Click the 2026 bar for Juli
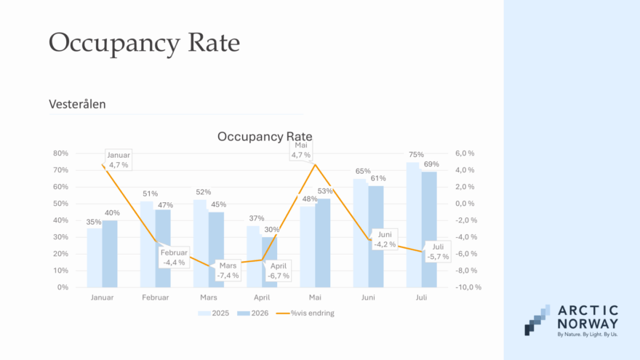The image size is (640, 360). point(429,229)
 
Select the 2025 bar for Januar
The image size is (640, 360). point(95,258)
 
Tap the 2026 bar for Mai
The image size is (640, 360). point(322,243)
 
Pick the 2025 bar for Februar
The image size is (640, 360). point(148,244)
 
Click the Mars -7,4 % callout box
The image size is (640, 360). point(228,271)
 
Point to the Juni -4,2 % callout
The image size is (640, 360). point(385,239)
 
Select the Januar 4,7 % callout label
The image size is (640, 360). point(119,160)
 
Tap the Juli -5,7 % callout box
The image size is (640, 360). point(438,252)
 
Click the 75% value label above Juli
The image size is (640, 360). point(416,155)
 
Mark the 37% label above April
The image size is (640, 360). point(257,218)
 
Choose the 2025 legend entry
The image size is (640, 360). point(214,313)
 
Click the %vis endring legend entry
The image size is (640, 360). point(305,313)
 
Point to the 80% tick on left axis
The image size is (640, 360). point(60,153)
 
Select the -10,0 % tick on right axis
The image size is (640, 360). point(468,287)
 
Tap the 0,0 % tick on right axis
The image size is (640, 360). point(465,204)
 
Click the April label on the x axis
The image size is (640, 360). point(262,297)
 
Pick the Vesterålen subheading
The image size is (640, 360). point(77,105)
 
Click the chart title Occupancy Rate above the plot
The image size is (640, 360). point(265,136)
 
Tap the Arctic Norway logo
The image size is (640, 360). point(572,321)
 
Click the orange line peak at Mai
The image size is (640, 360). point(315,164)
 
